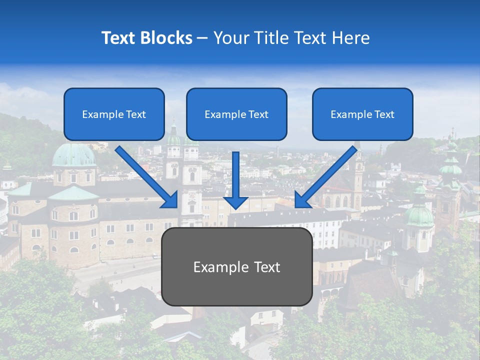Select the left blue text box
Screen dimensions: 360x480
click(x=114, y=114)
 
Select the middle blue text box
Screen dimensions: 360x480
click(x=236, y=114)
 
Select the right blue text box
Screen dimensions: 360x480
click(x=362, y=114)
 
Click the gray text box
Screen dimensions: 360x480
click(x=236, y=266)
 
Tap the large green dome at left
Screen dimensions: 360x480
click(x=74, y=155)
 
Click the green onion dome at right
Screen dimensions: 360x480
click(x=419, y=215)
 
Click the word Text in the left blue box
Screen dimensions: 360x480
click(x=136, y=114)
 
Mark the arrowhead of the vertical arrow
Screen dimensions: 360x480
click(x=236, y=201)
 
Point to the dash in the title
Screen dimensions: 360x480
click(x=202, y=38)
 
